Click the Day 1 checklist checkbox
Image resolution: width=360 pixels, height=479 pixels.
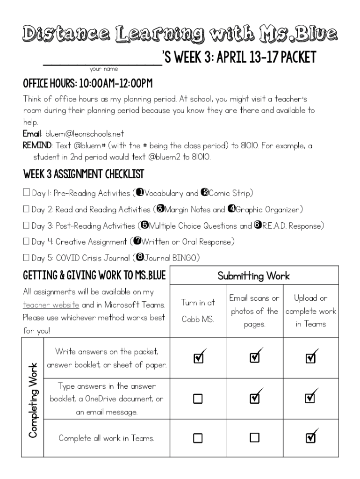pyautogui.click(x=27, y=193)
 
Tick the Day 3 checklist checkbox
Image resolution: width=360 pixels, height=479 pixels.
pyautogui.click(x=27, y=226)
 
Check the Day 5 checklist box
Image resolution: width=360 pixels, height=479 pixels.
pyautogui.click(x=27, y=258)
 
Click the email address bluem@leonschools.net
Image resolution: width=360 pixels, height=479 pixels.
pyautogui.click(x=85, y=134)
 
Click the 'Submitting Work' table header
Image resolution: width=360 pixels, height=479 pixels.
pyautogui.click(x=254, y=276)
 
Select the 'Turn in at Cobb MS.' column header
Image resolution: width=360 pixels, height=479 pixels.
pyautogui.click(x=198, y=311)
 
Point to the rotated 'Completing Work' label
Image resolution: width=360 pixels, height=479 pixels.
pyautogui.click(x=33, y=400)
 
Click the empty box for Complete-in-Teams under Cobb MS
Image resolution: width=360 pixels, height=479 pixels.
pyautogui.click(x=198, y=438)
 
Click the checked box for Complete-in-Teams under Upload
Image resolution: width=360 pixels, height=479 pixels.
pyautogui.click(x=310, y=437)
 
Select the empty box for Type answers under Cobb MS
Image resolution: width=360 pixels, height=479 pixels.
pyautogui.click(x=198, y=399)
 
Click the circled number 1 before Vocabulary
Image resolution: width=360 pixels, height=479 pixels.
pyautogui.click(x=139, y=193)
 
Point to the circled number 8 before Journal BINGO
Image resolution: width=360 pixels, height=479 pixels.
pyautogui.click(x=139, y=257)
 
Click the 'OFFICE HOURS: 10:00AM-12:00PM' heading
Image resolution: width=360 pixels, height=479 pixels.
pyautogui.click(x=88, y=85)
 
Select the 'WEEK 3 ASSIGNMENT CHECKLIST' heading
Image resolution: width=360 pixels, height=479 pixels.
pyautogui.click(x=83, y=174)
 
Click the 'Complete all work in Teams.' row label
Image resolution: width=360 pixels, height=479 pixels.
pyautogui.click(x=106, y=438)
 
